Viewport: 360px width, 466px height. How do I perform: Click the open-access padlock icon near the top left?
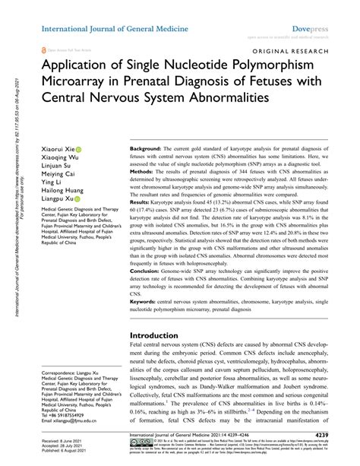point(43,47)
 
